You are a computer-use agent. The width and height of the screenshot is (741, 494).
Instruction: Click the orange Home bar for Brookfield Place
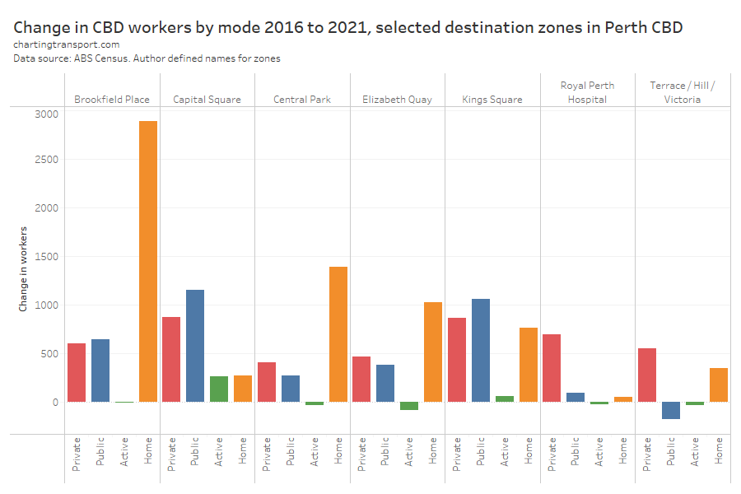[x=148, y=262]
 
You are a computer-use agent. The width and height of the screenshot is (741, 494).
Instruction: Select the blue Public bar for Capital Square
[x=195, y=346]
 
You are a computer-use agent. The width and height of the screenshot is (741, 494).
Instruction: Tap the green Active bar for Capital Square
[x=219, y=389]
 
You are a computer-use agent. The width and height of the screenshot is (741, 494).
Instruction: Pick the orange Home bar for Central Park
[x=338, y=334]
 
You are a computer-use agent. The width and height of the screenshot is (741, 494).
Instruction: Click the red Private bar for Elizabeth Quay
[x=361, y=380]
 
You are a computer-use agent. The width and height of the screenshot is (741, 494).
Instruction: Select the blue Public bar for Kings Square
[x=481, y=351]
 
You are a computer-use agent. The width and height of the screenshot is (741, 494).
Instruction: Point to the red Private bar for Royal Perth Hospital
[x=552, y=368]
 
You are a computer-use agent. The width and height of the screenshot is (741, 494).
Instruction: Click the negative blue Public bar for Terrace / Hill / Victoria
[x=671, y=410]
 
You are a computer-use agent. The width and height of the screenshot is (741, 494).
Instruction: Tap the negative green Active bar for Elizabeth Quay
[x=409, y=406]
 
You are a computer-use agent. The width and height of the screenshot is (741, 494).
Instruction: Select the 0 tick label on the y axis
[x=56, y=403]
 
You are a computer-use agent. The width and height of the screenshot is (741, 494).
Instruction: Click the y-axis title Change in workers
[x=23, y=268]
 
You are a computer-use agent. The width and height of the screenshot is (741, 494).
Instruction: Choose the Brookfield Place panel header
[x=112, y=100]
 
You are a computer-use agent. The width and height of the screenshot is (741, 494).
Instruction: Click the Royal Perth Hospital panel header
[x=587, y=92]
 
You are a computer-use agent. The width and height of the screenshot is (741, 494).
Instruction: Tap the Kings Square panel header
[x=492, y=100]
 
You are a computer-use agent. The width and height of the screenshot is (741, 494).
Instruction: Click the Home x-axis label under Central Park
[x=338, y=450]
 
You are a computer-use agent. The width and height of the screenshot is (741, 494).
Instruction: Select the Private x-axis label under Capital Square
[x=171, y=452]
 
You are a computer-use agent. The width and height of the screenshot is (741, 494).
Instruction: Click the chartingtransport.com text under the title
[x=67, y=44]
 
